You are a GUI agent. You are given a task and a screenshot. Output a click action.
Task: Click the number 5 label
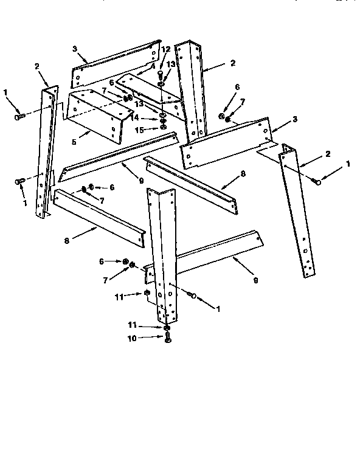pos(74,142)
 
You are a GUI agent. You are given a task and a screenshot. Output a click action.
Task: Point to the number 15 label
pos(139,130)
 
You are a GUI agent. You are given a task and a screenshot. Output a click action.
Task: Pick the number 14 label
pos(139,117)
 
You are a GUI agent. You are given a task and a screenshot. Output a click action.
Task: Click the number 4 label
pos(153,66)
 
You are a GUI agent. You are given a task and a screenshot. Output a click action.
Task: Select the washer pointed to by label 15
pos(164,129)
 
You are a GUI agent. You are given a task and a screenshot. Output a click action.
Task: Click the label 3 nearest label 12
pos(74,48)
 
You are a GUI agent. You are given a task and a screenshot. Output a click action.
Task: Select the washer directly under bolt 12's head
pos(162,83)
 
